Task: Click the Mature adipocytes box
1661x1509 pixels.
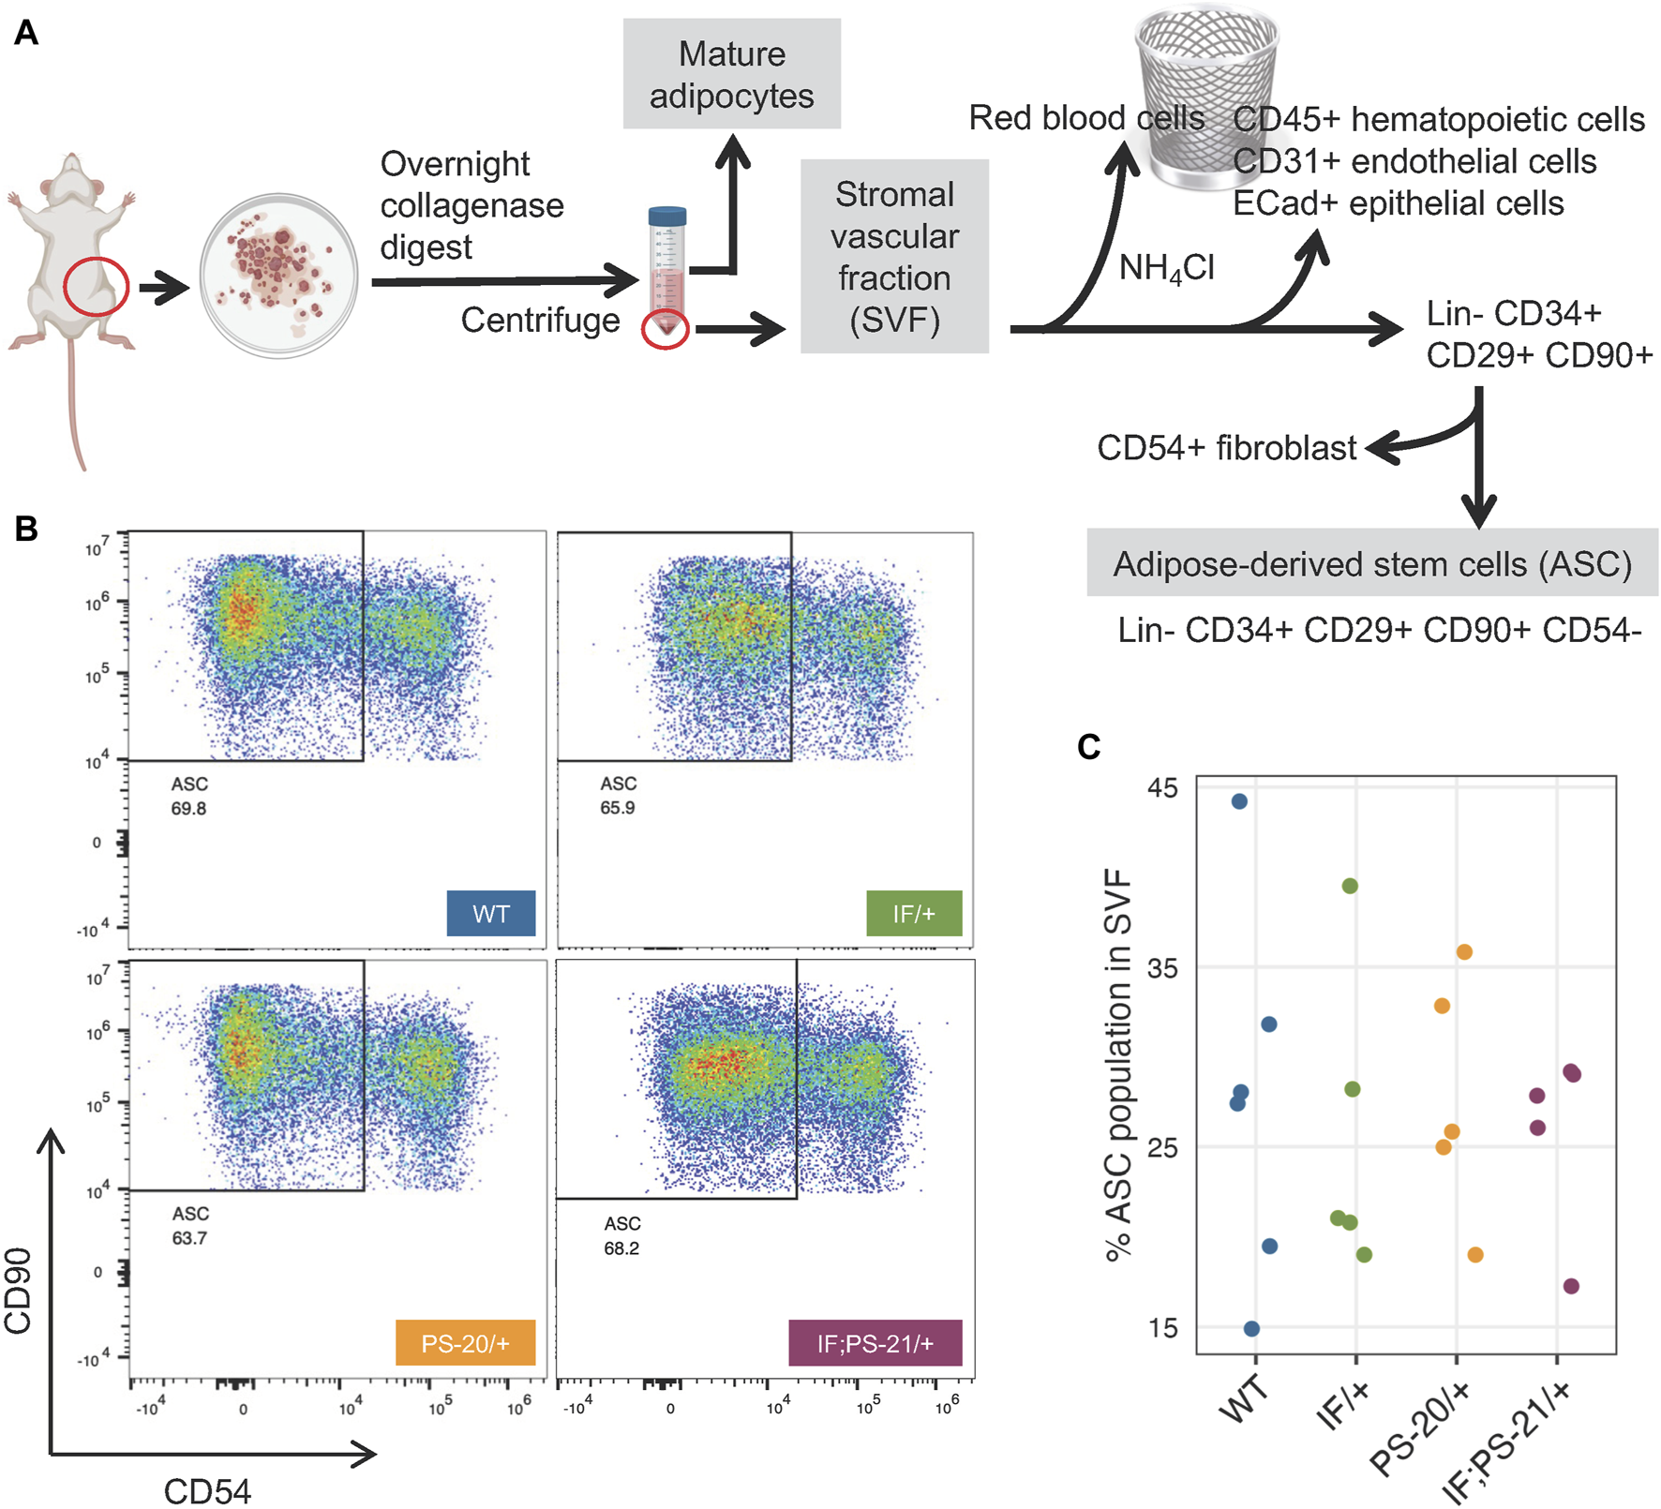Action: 731,74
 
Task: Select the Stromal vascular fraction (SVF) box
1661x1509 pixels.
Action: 894,256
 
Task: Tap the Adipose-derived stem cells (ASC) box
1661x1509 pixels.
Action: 1371,563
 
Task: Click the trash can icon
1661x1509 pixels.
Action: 1206,94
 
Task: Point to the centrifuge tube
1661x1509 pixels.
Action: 666,272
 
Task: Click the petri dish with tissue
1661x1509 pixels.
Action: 278,276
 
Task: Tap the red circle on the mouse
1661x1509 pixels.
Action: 96,286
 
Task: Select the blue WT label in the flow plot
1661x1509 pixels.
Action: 491,913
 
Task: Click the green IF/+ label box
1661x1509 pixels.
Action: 914,913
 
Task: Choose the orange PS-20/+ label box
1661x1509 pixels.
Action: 465,1343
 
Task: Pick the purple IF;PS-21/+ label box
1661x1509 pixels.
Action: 875,1343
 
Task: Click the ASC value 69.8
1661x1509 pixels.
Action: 188,808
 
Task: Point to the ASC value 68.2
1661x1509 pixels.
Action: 621,1248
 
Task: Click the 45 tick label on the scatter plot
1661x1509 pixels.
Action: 1162,788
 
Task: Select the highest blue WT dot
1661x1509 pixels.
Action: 1239,801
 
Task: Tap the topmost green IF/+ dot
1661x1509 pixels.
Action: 1350,886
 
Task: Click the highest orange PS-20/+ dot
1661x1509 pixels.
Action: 1464,952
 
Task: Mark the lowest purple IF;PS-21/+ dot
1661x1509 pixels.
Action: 1571,1286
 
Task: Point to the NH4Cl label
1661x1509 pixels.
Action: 1166,269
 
